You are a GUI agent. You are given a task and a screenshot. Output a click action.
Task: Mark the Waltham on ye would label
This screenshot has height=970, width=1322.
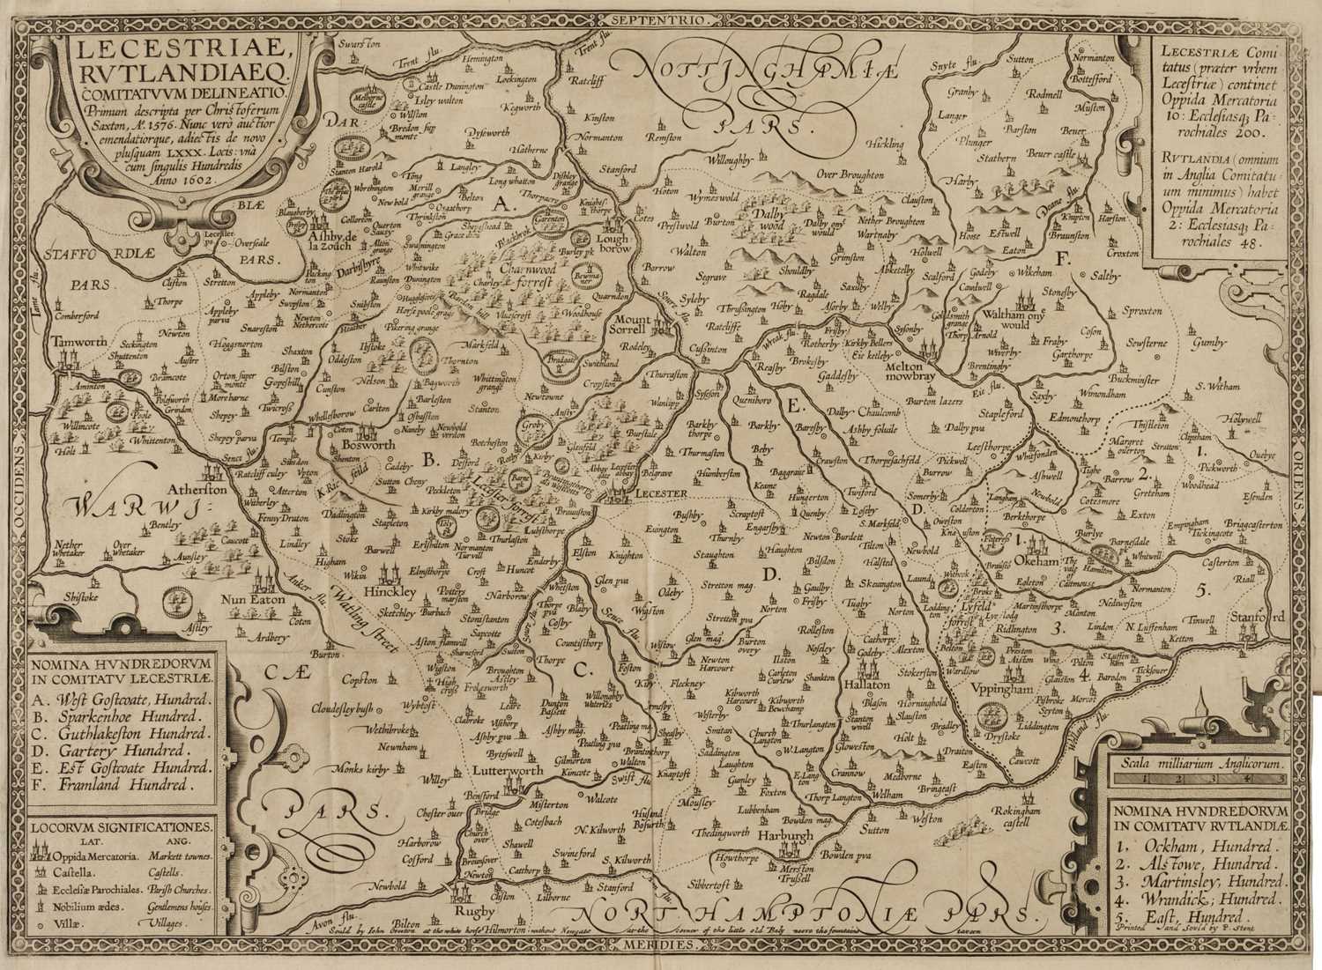tap(998, 318)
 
